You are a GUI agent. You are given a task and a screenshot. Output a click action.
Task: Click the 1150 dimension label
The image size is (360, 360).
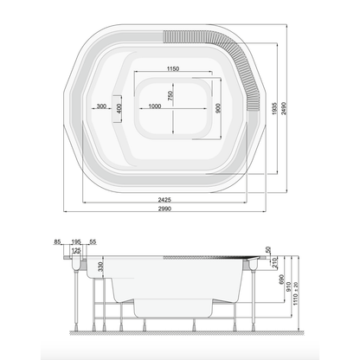pos(173,68)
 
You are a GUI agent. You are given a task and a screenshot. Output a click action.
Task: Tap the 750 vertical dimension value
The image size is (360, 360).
pos(170,95)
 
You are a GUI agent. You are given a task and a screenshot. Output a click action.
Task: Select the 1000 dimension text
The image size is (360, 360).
pos(155,106)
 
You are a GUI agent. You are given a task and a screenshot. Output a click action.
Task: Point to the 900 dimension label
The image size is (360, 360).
pos(218,108)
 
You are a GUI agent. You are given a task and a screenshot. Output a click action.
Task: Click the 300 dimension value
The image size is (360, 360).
pos(101,106)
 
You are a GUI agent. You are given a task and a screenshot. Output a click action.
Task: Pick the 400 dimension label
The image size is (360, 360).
pos(119,108)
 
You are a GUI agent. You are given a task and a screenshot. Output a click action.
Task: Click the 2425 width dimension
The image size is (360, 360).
pos(164,199)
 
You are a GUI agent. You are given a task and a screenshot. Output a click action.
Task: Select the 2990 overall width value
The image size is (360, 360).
pos(164,209)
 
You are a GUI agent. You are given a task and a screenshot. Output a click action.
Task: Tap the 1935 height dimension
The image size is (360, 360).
pos(274,108)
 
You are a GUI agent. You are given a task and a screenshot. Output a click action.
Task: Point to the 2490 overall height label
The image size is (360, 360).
pos(284,108)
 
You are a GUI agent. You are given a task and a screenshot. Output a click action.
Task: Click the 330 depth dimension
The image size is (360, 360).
pos(100,267)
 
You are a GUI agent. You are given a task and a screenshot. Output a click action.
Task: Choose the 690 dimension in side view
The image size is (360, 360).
pos(282,280)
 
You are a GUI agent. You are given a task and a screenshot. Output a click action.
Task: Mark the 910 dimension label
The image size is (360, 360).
pos(289,286)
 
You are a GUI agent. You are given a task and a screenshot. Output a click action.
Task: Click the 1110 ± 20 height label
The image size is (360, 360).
pos(296,293)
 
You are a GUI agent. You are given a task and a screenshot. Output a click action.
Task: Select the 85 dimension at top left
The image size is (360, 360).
pos(57,241)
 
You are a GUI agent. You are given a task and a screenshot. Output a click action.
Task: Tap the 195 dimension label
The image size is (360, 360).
pos(76,241)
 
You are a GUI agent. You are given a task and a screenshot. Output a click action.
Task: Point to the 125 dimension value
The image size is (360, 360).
pos(76,251)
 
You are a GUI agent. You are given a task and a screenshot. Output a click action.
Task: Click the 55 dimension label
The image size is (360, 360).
pos(93,241)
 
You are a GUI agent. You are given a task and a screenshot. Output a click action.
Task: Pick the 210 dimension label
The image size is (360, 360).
pos(274,262)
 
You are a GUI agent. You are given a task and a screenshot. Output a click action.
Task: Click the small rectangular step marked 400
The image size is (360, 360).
pos(117,109)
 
